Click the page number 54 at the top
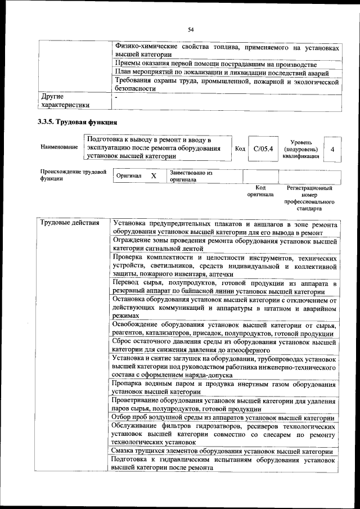tap(191, 29)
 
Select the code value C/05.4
tap(263, 149)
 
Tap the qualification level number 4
tap(333, 149)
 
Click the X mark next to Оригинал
tap(153, 176)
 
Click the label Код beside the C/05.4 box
tap(240, 149)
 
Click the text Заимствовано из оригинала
tap(191, 176)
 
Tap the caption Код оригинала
tap(260, 191)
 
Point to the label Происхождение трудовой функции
tap(73, 175)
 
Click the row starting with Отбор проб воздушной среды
tap(223, 418)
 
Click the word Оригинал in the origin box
tap(129, 176)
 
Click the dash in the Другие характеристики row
tap(115, 97)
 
